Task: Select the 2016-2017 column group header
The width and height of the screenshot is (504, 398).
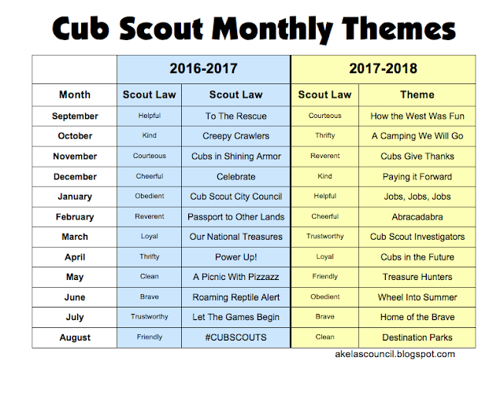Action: pos(203,68)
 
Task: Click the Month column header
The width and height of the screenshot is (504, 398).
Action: pos(75,95)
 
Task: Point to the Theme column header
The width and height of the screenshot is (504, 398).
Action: pos(417,95)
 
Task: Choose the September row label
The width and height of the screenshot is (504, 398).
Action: pos(75,116)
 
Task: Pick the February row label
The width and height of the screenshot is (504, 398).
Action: pos(75,216)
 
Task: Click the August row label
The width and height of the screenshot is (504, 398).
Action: pos(75,337)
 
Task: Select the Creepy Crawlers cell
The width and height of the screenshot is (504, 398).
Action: pos(235,136)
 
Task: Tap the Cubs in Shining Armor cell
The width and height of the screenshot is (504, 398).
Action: pos(235,156)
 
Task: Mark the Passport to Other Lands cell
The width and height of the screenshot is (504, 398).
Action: pos(235,216)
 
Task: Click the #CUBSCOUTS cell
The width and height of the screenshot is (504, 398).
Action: pos(235,337)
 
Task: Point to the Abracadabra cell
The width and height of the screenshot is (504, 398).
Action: pos(417,216)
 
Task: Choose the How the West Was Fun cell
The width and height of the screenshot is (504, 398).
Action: pos(417,116)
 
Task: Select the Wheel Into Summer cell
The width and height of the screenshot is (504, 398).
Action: pos(417,297)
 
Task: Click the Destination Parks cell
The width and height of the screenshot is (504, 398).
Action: pos(417,337)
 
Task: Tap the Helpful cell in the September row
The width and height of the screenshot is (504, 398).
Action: pos(149,116)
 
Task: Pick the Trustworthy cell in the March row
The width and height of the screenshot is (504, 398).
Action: pos(324,237)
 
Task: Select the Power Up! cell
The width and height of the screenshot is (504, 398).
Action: pos(235,256)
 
